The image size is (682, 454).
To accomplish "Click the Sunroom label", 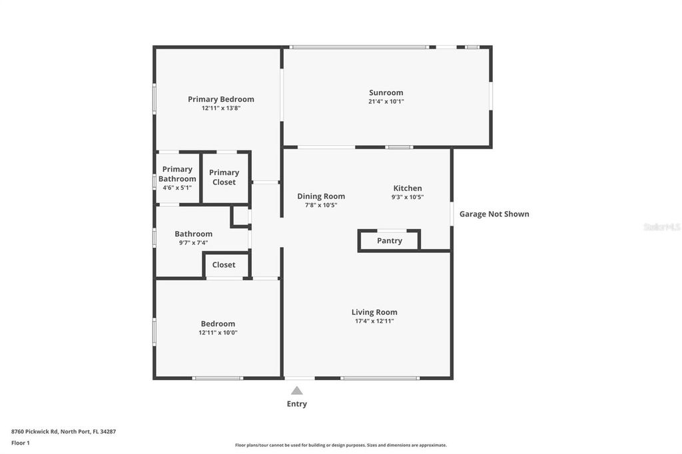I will (x=386, y=93).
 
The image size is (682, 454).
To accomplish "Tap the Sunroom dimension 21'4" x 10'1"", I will (x=386, y=102).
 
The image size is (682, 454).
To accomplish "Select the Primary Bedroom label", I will (x=220, y=99).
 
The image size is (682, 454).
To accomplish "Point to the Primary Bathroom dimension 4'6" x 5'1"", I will (x=177, y=188).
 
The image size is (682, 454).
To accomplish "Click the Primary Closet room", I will (x=224, y=177).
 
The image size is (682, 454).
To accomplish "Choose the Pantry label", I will (x=390, y=240).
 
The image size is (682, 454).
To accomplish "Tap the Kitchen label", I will (x=408, y=188).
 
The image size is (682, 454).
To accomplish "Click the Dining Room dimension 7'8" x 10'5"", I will (x=321, y=205).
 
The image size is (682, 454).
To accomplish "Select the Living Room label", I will (x=374, y=312).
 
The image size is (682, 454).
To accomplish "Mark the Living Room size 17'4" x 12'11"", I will (x=374, y=321).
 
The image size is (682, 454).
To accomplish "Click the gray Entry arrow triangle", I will (x=297, y=391).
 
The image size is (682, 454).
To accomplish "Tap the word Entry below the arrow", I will (x=297, y=404).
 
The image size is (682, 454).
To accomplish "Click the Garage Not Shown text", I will (x=494, y=214).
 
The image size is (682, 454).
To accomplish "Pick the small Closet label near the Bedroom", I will (x=224, y=265).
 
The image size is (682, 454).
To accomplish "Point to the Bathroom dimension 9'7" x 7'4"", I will (x=193, y=243).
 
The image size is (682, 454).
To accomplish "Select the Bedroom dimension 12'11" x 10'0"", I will (x=218, y=333).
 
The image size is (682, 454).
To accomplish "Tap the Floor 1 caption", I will (x=21, y=443).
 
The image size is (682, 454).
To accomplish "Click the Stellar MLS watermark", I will (x=661, y=227).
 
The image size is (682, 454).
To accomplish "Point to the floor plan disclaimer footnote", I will (x=340, y=445).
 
